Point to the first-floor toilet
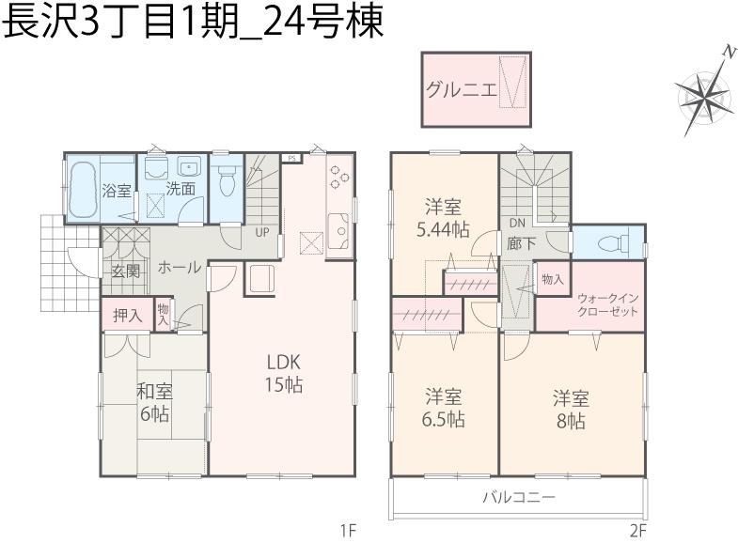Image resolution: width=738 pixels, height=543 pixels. pyautogui.click(x=226, y=178)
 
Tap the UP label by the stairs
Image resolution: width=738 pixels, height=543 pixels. pyautogui.click(x=261, y=231)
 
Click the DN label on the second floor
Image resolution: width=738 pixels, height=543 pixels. pyautogui.click(x=516, y=224)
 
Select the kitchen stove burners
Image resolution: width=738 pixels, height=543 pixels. pyautogui.click(x=338, y=178)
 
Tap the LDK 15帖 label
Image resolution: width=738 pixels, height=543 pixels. pyautogui.click(x=282, y=372)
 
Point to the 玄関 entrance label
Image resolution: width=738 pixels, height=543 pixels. pyautogui.click(x=125, y=272)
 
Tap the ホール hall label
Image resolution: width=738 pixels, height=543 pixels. pyautogui.click(x=179, y=268)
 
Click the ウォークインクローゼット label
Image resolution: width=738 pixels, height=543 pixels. pyautogui.click(x=607, y=303)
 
